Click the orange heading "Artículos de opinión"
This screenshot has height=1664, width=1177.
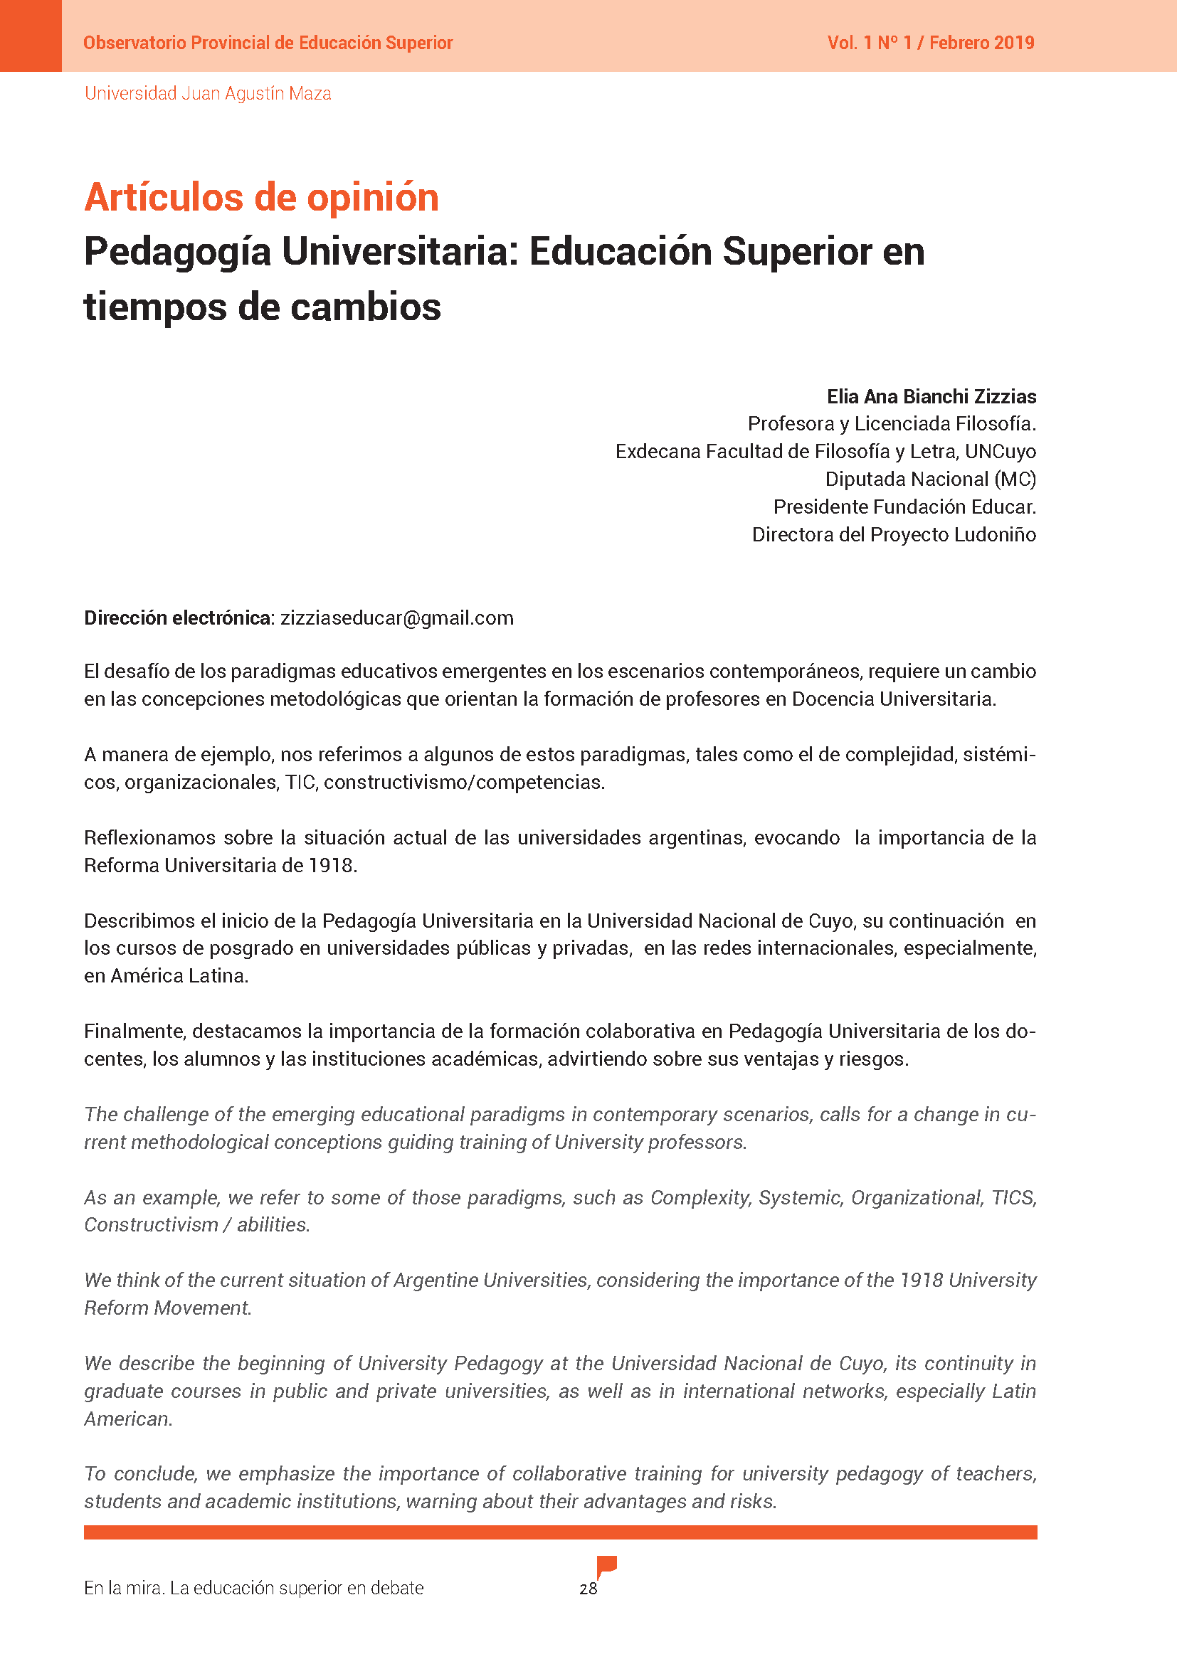point(262,197)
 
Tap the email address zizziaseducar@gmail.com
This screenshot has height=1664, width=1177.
point(397,618)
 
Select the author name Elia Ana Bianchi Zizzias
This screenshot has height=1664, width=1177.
point(931,396)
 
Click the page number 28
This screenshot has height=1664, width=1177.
point(588,1589)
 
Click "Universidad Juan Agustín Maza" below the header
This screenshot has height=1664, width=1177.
point(208,93)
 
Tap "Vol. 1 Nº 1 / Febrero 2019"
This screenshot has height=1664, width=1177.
point(931,43)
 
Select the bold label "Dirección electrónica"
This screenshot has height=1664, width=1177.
point(178,618)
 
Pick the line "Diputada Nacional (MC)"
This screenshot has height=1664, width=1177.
point(931,479)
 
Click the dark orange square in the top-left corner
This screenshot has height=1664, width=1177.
point(31,36)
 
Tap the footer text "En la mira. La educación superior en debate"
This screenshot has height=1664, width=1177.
point(253,1588)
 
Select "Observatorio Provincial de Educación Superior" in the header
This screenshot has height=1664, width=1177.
point(268,43)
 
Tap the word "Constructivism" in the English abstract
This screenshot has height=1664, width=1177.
point(151,1225)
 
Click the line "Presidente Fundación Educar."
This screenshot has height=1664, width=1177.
point(904,507)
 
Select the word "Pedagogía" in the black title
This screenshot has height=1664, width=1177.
point(178,253)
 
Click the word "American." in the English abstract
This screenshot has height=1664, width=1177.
point(128,1419)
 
